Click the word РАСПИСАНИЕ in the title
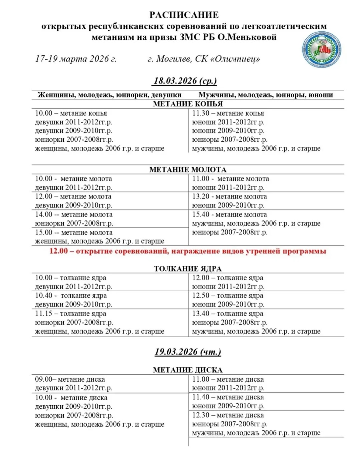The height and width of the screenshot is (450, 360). click(x=184, y=15)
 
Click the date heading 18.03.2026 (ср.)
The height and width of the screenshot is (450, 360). click(x=185, y=81)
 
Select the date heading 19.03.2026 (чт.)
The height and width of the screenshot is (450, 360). click(x=188, y=352)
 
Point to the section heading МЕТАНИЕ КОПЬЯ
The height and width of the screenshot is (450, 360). click(x=188, y=104)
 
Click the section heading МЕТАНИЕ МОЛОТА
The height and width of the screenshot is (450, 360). click(x=188, y=169)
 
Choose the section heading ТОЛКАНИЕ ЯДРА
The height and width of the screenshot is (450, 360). click(x=188, y=269)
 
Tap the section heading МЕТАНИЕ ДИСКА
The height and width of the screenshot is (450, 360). click(x=188, y=370)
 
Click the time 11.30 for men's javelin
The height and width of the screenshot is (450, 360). click(x=201, y=113)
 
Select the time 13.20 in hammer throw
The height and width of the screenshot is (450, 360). click(x=201, y=196)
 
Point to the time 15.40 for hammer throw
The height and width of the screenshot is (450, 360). click(x=201, y=214)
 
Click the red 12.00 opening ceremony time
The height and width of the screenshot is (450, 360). click(x=59, y=251)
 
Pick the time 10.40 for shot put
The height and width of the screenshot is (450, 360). click(x=44, y=296)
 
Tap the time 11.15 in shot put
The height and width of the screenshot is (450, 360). click(x=44, y=314)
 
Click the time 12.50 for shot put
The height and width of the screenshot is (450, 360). click(x=201, y=296)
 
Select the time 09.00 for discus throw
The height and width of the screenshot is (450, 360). click(x=44, y=379)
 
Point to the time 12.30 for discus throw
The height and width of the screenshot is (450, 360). click(x=201, y=415)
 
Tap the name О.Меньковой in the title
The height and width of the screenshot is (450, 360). click(x=247, y=37)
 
